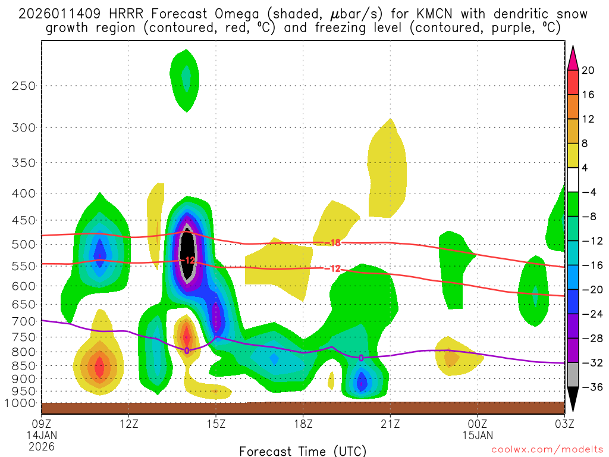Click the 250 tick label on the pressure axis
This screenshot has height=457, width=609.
24,86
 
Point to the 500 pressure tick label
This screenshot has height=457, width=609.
24,244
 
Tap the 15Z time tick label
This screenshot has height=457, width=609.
216,424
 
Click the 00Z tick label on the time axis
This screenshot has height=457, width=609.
477,424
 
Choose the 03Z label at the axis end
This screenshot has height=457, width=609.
564,424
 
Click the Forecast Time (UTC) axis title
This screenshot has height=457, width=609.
303,450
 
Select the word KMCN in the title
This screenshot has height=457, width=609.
421,14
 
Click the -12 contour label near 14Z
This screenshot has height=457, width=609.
188,261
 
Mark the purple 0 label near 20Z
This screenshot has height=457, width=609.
361,358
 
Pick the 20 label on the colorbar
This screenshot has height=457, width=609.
588,70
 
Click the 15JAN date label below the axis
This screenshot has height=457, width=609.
477,435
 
